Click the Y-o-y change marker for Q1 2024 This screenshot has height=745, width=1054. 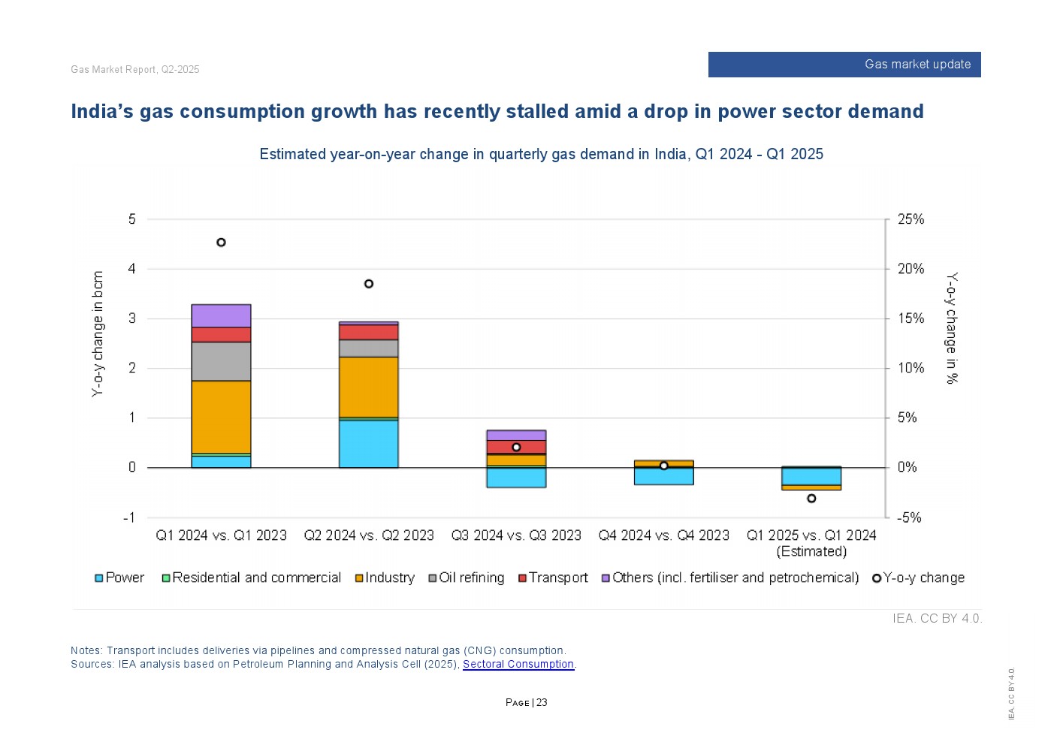(x=221, y=243)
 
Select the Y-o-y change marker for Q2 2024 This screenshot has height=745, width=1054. (x=369, y=284)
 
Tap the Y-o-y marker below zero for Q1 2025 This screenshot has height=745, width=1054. (x=811, y=499)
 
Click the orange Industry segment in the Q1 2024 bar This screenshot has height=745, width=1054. (x=221, y=417)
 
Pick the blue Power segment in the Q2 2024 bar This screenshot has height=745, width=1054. (x=369, y=444)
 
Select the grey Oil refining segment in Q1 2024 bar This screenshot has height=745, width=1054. (x=221, y=361)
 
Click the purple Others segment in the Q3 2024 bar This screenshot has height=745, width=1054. (x=516, y=436)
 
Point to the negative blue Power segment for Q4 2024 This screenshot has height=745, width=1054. (x=663, y=476)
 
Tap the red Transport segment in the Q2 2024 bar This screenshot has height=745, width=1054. (x=369, y=332)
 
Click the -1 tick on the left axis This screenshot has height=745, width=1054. (x=129, y=517)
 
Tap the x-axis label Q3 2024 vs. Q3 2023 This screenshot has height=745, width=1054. (x=516, y=535)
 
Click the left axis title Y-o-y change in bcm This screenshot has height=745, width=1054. (x=98, y=333)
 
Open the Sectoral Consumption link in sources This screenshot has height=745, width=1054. (x=518, y=664)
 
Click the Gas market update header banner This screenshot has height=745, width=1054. (x=844, y=65)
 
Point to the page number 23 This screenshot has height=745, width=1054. (x=542, y=703)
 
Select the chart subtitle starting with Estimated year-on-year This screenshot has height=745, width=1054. (x=541, y=154)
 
